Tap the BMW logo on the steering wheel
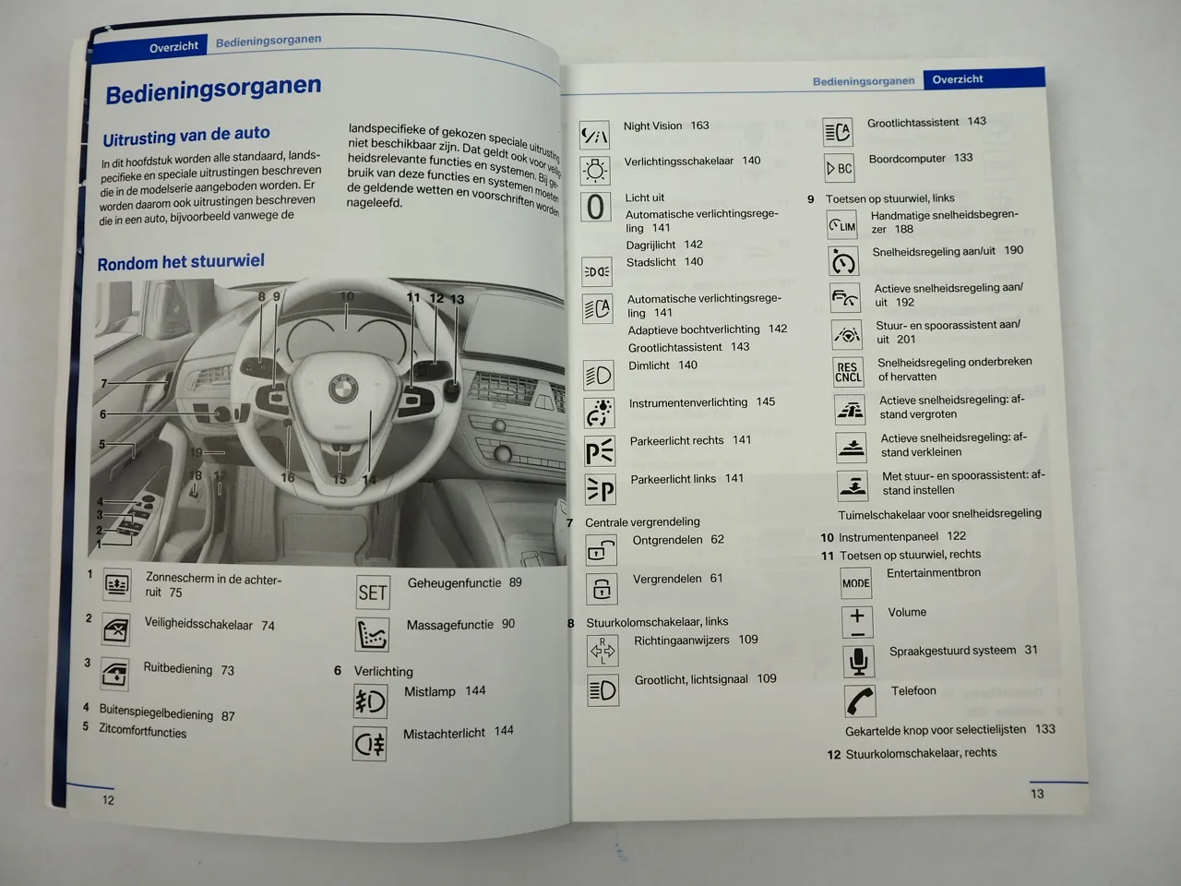coord(343,388)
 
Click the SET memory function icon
coord(373,593)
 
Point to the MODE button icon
coord(856,583)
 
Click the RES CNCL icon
coord(848,372)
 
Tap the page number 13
coord(1037,794)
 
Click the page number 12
coord(109,800)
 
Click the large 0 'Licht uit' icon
coord(596,206)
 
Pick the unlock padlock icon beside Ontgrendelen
coord(602,551)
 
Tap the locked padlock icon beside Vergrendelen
coord(602,589)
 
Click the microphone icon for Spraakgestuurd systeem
coord(858,661)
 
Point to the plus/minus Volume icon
coord(857,621)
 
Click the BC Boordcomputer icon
coord(840,169)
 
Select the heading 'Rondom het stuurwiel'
coord(181,262)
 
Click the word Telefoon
coord(913,690)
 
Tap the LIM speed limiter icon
coord(842,225)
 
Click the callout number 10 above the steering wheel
coord(347,296)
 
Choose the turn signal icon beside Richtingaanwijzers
coord(602,651)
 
